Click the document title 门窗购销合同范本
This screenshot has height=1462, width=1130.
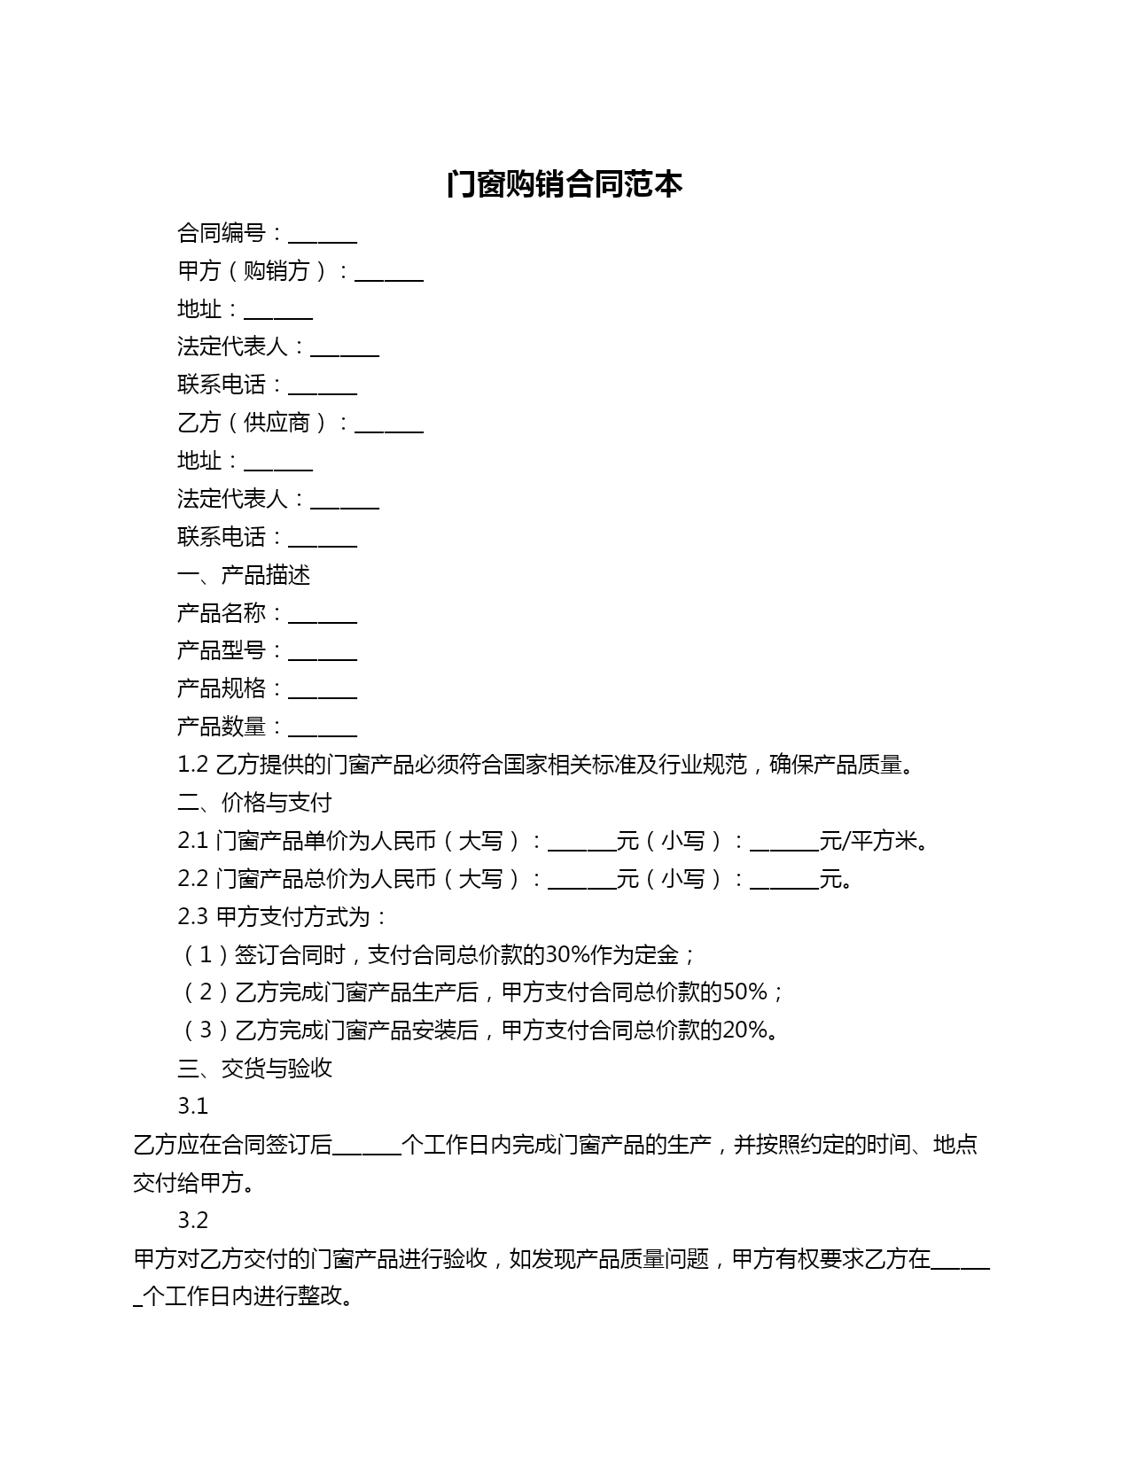coord(565,184)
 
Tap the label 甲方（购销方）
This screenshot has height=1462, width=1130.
coord(253,271)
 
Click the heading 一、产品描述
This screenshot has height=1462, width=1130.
coord(244,575)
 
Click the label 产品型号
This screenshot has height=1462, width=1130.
coord(222,651)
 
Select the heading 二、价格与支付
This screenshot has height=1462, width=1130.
coord(254,803)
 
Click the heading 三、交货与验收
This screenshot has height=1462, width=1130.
coord(254,1069)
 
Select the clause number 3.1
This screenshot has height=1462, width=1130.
coord(192,1107)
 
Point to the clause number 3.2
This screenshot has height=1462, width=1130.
coord(192,1221)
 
